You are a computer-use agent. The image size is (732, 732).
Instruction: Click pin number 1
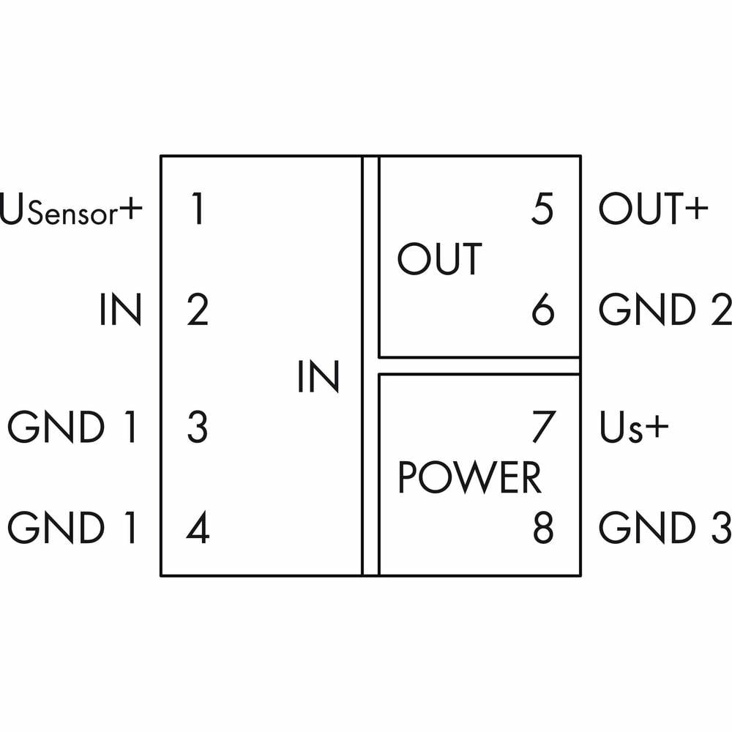[195, 209]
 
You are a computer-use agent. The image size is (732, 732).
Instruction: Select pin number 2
[197, 310]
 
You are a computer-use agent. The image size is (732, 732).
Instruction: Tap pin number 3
[197, 427]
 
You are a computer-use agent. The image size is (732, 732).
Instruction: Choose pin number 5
[542, 209]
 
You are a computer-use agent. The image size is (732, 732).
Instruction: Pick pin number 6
[542, 310]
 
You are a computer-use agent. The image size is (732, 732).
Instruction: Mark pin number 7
[542, 427]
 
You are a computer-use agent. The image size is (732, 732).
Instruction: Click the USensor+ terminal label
[70, 210]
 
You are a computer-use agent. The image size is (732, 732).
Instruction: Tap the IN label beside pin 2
[120, 310]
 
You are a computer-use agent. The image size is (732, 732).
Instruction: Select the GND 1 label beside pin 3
[72, 427]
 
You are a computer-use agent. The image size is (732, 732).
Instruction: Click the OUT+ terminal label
[654, 209]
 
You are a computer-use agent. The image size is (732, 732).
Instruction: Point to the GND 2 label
[665, 310]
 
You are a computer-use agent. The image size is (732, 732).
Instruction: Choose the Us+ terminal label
[634, 428]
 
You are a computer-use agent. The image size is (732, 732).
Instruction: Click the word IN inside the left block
[318, 377]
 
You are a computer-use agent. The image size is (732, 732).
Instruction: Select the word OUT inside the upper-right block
[439, 259]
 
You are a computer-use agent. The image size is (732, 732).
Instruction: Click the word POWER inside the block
[469, 478]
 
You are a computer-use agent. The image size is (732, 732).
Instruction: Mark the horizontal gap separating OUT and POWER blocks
[479, 366]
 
